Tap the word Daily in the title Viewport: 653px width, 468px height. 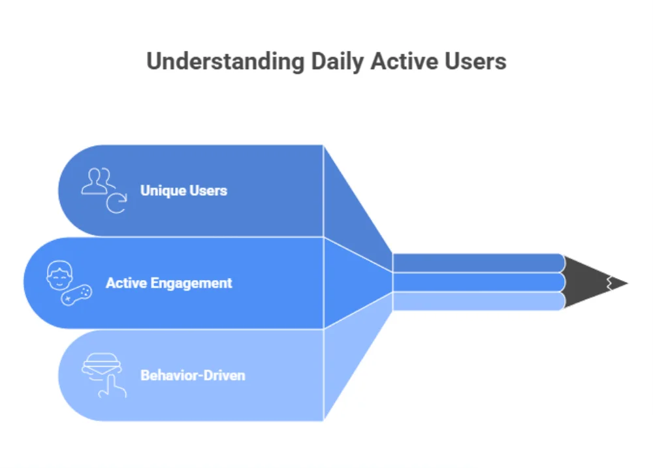(337, 61)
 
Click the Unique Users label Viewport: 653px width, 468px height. (183, 191)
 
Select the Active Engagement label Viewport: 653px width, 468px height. (168, 283)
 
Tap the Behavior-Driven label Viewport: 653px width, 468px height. (193, 376)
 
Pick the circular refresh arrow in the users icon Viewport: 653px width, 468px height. (116, 204)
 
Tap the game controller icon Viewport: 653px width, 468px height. (76, 295)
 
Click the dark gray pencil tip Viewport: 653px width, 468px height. (591, 283)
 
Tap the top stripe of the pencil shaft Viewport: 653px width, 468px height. (477, 262)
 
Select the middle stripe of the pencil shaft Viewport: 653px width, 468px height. (477, 282)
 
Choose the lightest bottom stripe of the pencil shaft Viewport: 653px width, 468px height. (477, 301)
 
